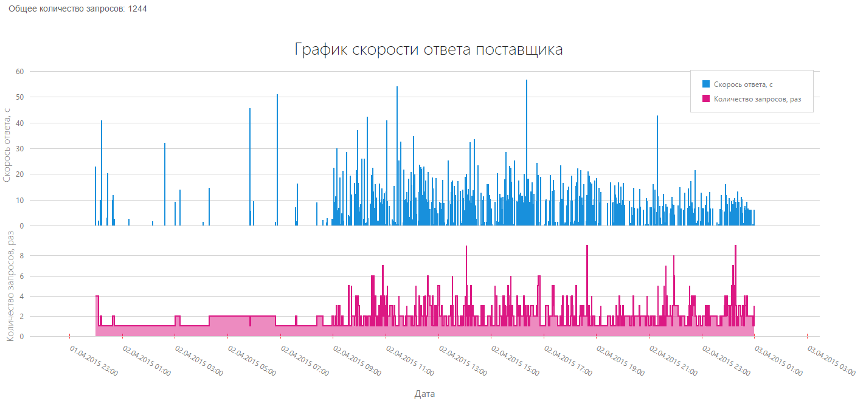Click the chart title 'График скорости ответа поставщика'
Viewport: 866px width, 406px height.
point(429,50)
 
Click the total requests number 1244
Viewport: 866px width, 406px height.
point(137,9)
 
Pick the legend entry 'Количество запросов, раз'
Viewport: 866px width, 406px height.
point(762,99)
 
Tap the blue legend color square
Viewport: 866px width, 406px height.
point(706,84)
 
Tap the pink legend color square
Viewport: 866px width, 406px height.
point(706,98)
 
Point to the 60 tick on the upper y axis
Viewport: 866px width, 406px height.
point(19,72)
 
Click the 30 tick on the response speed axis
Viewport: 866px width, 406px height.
point(19,149)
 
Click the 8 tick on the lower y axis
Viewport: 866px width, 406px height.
point(21,256)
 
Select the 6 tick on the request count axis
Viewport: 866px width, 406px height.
point(21,276)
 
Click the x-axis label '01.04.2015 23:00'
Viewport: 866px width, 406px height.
point(94,362)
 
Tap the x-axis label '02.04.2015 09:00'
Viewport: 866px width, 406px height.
point(358,362)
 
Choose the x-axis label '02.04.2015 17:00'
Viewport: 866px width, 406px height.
point(569,362)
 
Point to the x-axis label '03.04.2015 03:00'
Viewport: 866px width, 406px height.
point(831,362)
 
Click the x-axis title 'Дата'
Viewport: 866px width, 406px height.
point(424,394)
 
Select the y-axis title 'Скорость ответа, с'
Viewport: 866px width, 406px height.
point(7,144)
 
